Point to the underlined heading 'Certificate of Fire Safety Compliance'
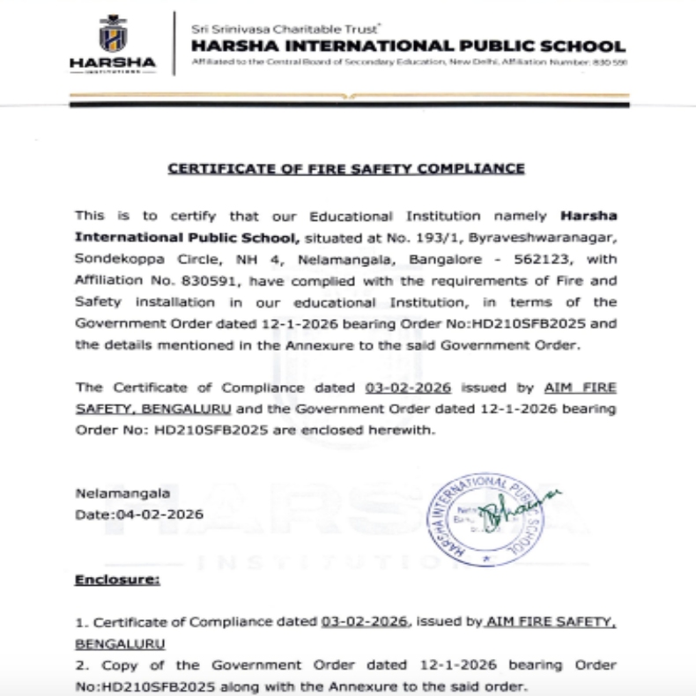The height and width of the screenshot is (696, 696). click(x=346, y=167)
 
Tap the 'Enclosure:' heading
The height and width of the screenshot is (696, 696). click(x=117, y=581)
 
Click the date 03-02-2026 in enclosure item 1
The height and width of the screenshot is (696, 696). click(x=364, y=622)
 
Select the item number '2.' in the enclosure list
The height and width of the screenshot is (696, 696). click(x=80, y=664)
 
